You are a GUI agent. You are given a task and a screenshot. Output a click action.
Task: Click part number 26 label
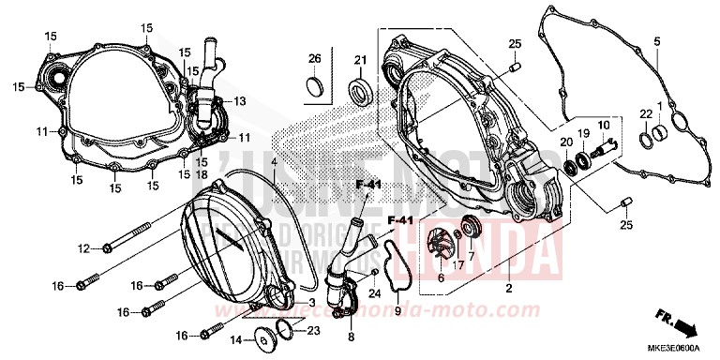[x=314, y=58]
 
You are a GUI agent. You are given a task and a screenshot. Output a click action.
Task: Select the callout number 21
[x=358, y=61]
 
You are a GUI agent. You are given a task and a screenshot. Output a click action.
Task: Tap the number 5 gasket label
[x=657, y=40]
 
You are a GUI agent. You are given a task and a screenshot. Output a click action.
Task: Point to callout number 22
[x=645, y=113]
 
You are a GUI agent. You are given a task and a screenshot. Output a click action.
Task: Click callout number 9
[x=397, y=310]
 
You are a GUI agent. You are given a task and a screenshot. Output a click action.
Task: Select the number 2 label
[x=508, y=290]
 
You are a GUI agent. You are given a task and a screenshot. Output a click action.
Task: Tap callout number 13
[x=240, y=101]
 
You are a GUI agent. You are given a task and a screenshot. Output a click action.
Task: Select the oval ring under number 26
[x=316, y=88]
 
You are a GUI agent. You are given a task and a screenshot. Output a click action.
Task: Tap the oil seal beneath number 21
[x=360, y=93]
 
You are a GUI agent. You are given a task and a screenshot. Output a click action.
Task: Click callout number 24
[x=374, y=294]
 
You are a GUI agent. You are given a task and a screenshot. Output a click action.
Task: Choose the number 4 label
[x=275, y=162]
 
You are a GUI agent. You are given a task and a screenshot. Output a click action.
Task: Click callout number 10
[x=603, y=125]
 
